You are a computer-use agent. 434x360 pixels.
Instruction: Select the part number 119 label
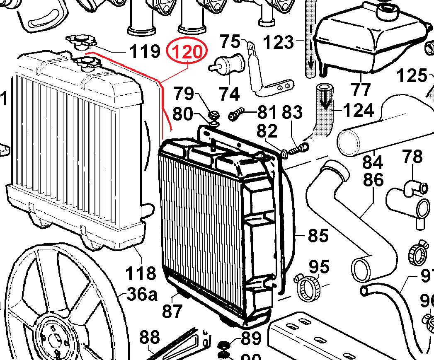click(145, 52)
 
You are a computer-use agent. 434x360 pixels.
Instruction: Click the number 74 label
click(229, 94)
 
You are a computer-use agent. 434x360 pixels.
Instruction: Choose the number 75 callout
click(230, 42)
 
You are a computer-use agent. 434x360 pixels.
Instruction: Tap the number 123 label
click(279, 42)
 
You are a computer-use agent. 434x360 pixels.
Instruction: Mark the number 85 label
click(318, 236)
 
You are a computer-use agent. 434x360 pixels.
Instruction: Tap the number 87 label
click(172, 311)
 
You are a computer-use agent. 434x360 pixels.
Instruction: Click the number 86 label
click(373, 181)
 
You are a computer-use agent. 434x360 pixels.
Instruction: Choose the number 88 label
click(150, 338)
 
